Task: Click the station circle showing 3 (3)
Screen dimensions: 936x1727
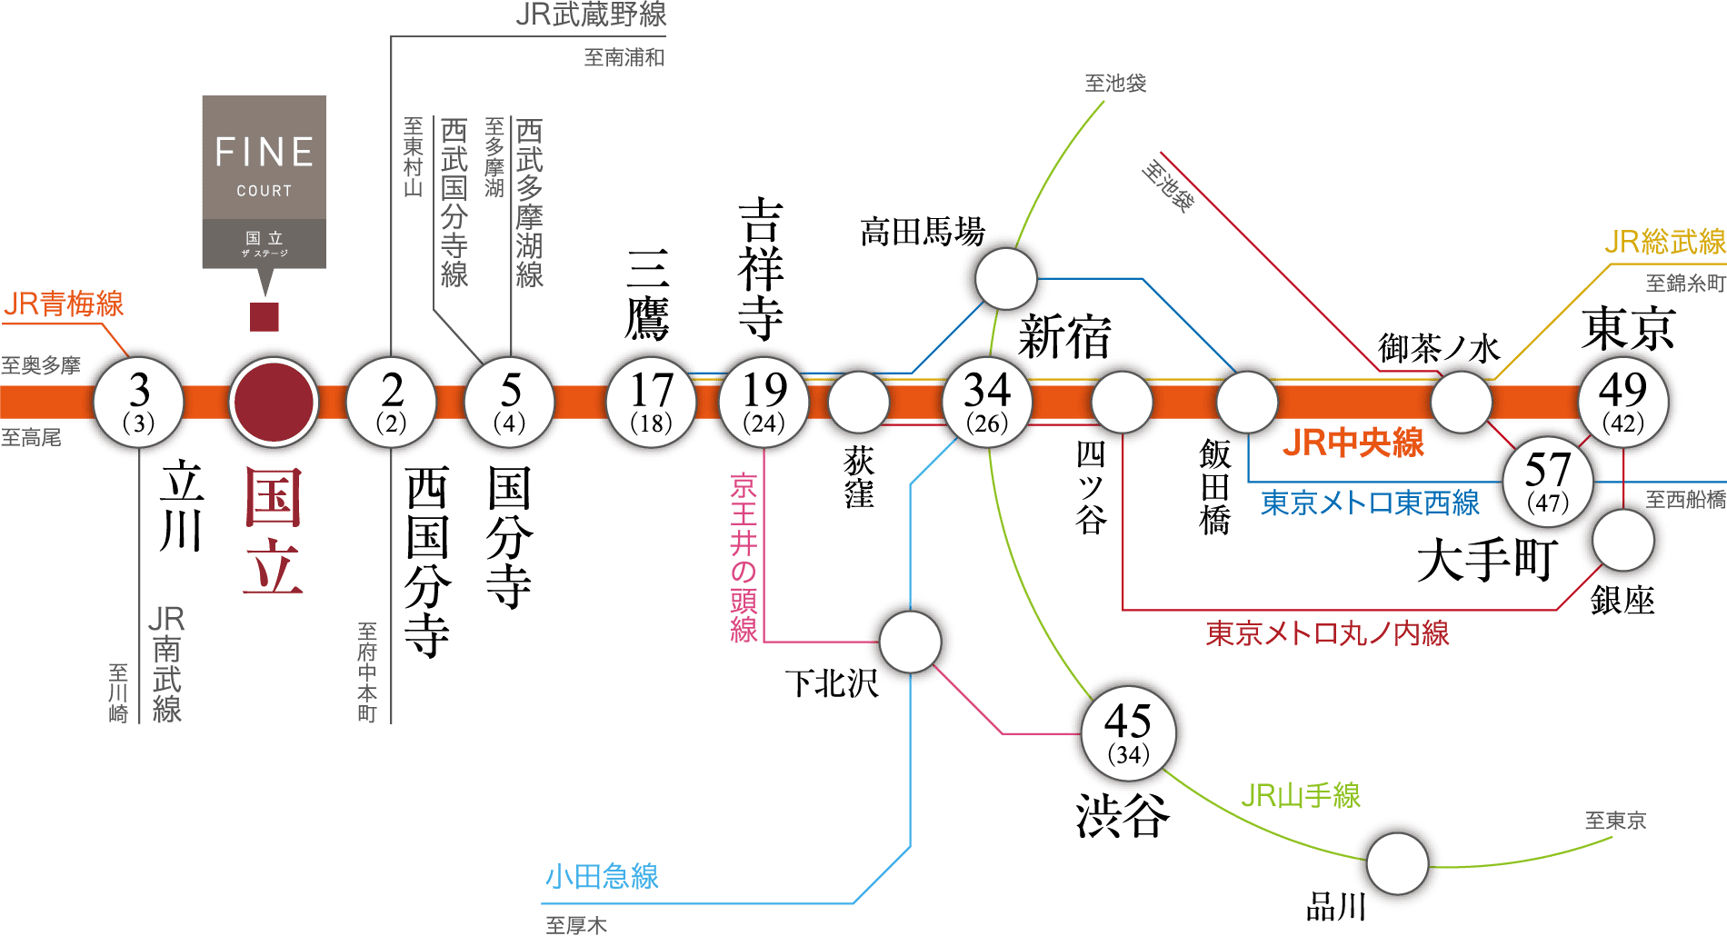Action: [139, 402]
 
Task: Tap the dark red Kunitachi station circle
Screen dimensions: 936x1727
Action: [274, 402]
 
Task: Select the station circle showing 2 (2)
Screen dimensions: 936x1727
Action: [392, 402]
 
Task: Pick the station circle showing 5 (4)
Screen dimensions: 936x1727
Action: [510, 402]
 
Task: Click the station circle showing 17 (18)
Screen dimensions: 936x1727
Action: [651, 402]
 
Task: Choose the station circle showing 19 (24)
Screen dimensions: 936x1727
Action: [764, 402]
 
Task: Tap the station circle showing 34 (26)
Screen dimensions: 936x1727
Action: [987, 402]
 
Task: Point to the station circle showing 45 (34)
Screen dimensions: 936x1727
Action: [1128, 732]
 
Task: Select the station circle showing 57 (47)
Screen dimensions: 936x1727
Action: [1547, 481]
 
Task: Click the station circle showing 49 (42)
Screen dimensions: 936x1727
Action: [1623, 402]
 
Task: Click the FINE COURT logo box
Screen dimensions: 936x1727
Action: [264, 182]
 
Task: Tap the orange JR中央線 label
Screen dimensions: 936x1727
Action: [1353, 443]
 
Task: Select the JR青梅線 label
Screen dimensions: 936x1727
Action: [64, 304]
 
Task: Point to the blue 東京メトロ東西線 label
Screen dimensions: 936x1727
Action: [1370, 503]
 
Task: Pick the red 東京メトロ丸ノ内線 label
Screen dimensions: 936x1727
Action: [1327, 633]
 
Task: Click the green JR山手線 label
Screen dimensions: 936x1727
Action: [1300, 796]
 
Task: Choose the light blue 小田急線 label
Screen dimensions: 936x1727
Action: [602, 877]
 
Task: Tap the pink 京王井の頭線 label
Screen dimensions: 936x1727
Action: [744, 558]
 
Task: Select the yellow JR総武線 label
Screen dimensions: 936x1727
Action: [1664, 242]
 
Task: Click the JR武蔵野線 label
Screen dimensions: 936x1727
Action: [591, 15]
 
